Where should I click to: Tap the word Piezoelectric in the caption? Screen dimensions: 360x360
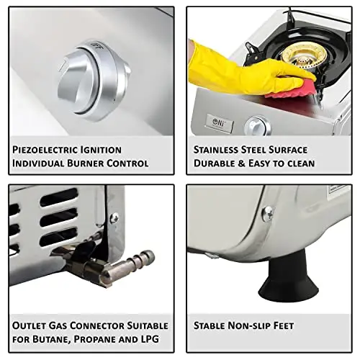44,150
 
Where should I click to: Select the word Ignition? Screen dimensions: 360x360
101,150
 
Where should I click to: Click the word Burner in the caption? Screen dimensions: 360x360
85,163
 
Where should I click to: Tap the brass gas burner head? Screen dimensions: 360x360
305,57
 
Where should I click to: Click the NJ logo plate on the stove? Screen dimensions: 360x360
220,123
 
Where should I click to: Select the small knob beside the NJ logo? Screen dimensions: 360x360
258,126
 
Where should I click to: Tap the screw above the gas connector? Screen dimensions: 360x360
114,218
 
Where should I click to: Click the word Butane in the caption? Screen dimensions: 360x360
50,339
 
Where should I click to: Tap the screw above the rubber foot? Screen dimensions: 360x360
267,213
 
